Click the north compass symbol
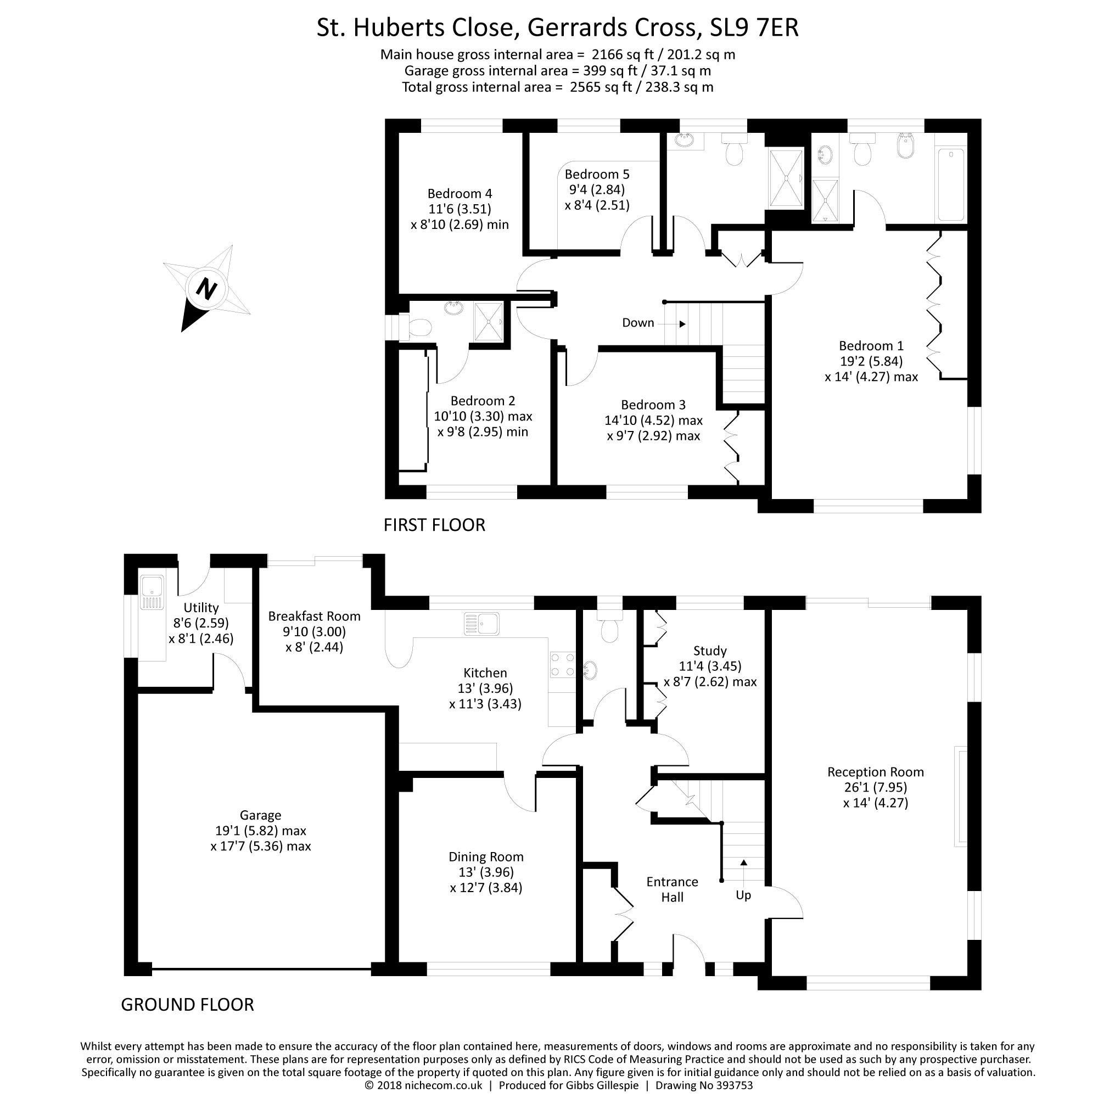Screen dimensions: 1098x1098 pyautogui.click(x=206, y=289)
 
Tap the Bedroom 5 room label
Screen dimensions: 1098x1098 pyautogui.click(x=597, y=174)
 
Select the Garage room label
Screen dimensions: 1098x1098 pyautogui.click(x=260, y=815)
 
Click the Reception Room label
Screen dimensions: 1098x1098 pyautogui.click(x=875, y=772)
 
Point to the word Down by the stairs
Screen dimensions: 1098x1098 pyautogui.click(x=637, y=323)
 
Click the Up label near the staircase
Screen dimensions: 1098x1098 pyautogui.click(x=743, y=895)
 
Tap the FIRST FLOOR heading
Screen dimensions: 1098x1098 pyautogui.click(x=434, y=524)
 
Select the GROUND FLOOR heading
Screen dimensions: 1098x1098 pyautogui.click(x=187, y=1004)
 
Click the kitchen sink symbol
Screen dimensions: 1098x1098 pyautogui.click(x=481, y=624)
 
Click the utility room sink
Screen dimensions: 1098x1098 pyautogui.click(x=152, y=592)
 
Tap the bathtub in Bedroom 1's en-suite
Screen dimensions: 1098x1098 pyautogui.click(x=950, y=184)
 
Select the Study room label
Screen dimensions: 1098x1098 pyautogui.click(x=710, y=651)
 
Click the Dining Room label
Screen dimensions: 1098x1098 pyautogui.click(x=486, y=856)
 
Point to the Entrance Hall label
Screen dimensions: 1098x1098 pyautogui.click(x=672, y=889)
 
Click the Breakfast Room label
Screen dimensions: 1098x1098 pyautogui.click(x=314, y=616)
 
